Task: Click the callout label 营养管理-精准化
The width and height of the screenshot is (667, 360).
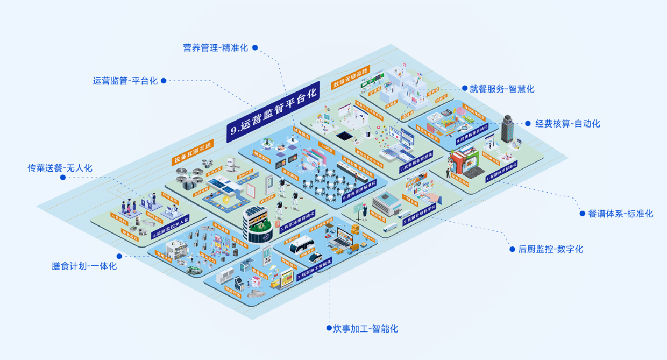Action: tap(215, 48)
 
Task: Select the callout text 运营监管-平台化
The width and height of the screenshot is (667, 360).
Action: tap(125, 81)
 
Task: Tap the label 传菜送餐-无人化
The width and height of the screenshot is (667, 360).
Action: tap(60, 168)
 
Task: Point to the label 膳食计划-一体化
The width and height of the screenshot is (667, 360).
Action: tap(84, 266)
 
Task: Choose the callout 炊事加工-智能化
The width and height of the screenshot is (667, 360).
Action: tap(366, 328)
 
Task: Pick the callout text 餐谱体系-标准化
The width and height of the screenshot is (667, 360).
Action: tap(620, 214)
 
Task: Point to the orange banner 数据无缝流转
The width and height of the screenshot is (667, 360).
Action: tap(352, 77)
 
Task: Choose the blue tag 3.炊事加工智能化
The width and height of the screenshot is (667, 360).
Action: tap(314, 267)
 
